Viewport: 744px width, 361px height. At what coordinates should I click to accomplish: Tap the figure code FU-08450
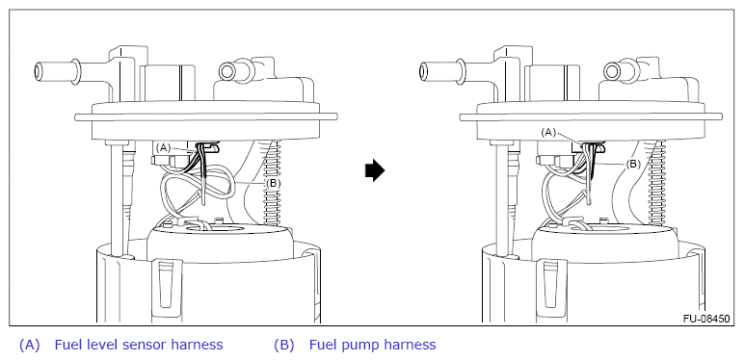706,319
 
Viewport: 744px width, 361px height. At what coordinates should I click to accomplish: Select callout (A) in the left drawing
163,148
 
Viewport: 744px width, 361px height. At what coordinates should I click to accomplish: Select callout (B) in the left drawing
273,183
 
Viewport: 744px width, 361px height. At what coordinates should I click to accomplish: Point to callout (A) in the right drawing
548,133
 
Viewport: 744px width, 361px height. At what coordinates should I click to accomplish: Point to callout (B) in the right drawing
633,165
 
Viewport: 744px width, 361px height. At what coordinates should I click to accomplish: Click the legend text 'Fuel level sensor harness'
139,345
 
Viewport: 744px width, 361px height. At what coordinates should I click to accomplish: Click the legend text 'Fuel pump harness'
372,345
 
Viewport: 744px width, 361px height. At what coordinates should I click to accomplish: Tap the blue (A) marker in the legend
30,345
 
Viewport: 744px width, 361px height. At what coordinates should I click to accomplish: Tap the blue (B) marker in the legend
283,345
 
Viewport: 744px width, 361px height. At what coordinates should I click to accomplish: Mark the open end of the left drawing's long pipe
39,71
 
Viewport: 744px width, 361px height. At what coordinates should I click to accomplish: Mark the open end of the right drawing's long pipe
424,71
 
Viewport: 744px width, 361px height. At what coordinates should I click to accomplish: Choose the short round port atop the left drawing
227,71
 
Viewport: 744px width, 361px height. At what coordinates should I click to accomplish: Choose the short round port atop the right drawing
613,71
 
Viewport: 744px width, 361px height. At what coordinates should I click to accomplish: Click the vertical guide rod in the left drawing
118,200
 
